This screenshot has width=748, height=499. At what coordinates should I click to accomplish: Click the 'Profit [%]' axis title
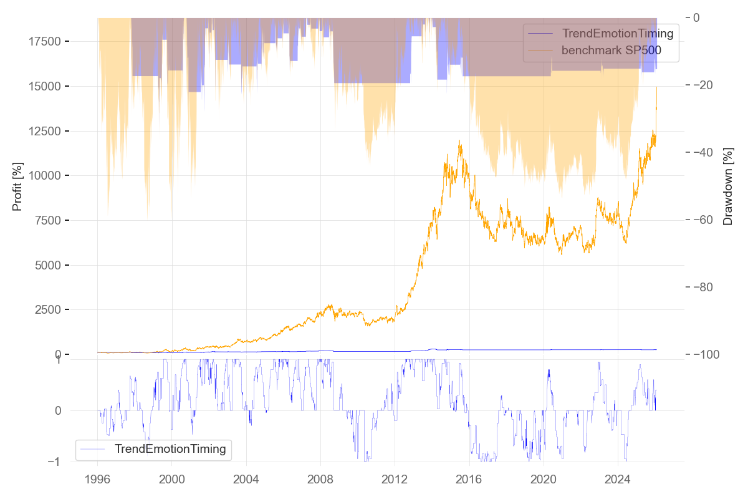[17, 187]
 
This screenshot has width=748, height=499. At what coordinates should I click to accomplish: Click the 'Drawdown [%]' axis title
[727, 187]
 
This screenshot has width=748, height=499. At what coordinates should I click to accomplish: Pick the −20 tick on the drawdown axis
[703, 85]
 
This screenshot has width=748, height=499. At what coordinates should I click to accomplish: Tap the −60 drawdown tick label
[703, 220]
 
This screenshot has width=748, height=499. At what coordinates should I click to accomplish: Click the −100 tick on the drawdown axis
[706, 355]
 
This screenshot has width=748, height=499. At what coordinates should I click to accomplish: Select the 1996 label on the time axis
[98, 481]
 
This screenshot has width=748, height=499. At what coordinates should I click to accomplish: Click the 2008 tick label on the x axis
[320, 481]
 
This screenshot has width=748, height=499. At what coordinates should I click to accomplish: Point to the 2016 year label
[469, 481]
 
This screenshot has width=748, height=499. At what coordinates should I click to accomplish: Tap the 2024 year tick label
[617, 481]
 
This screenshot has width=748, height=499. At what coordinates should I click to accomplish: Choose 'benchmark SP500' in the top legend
[611, 51]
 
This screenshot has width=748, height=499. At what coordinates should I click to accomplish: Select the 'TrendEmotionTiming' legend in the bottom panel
[170, 448]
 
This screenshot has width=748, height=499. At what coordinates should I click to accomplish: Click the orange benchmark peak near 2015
[459, 141]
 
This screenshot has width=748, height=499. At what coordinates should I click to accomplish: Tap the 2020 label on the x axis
[543, 481]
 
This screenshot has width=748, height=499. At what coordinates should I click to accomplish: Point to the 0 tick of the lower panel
[58, 411]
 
